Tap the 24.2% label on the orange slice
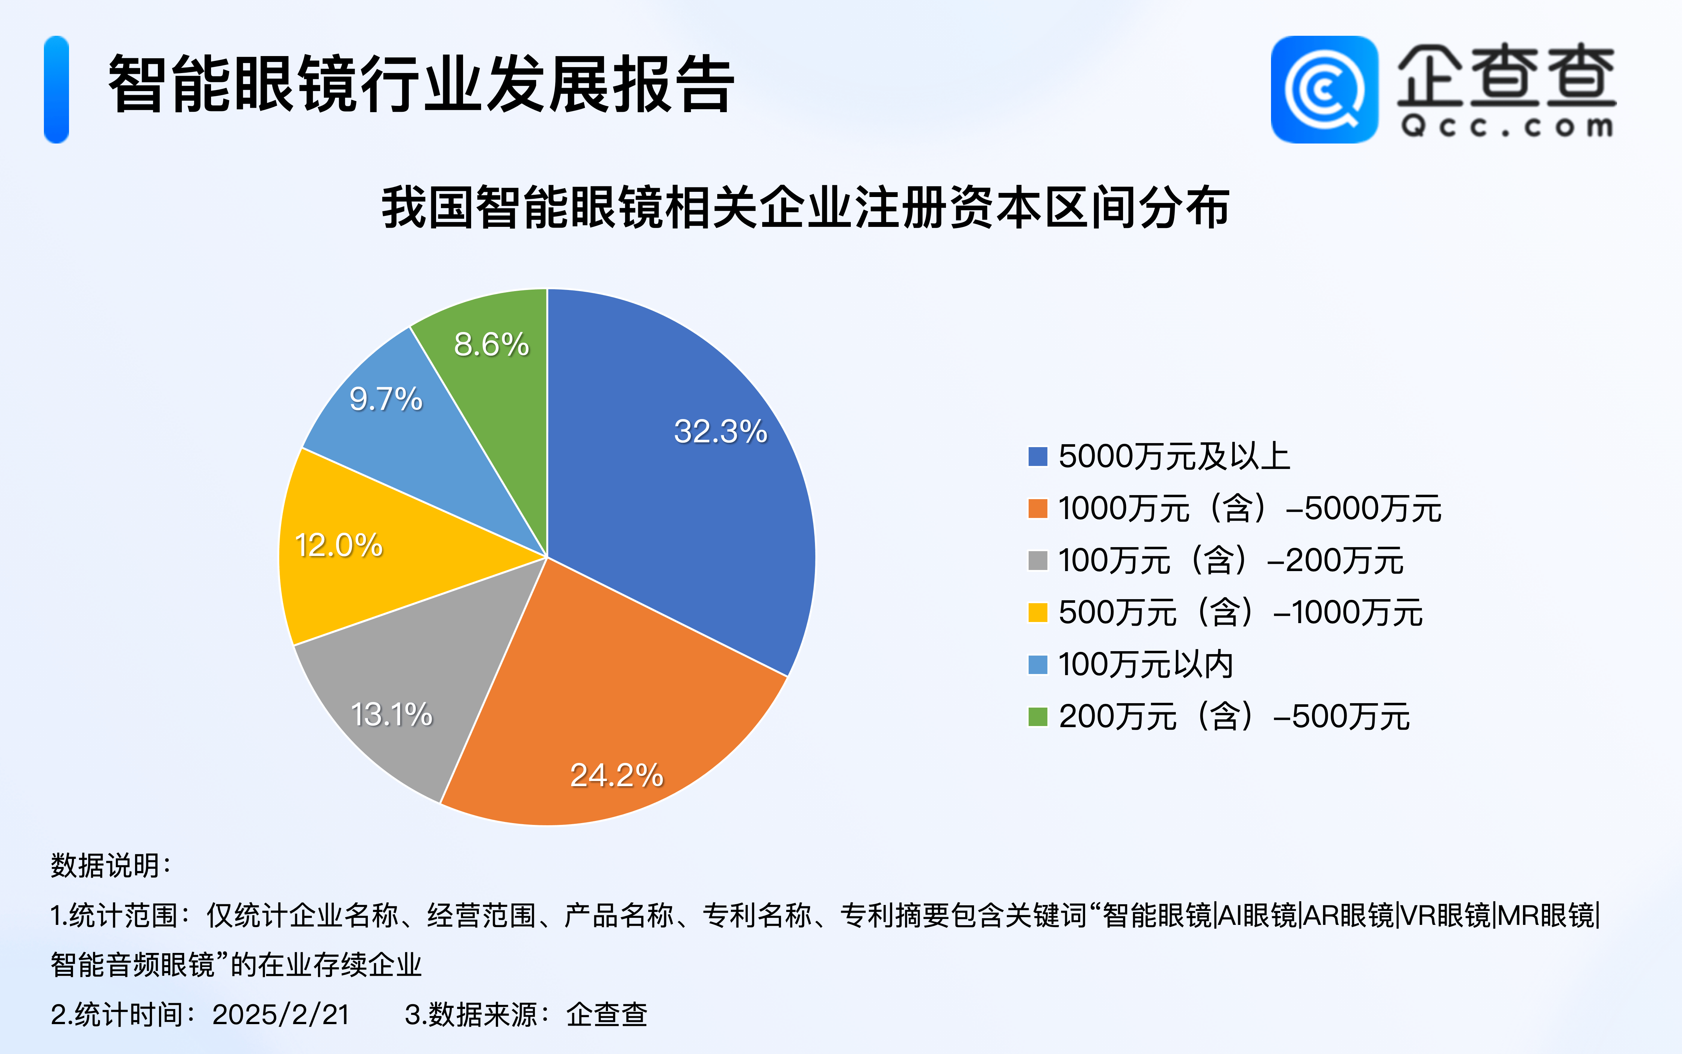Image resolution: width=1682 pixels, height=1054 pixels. (617, 775)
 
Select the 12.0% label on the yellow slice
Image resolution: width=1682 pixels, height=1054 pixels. (339, 545)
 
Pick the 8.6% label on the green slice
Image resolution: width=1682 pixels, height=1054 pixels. (491, 344)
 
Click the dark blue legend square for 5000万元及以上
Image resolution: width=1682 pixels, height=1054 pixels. (1038, 457)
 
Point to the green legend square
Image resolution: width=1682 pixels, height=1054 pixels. (1038, 716)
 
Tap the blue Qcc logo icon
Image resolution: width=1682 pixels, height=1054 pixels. (1324, 89)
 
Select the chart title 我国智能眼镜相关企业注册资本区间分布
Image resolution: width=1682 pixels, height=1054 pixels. (805, 207)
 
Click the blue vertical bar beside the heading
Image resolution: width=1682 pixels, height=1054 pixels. (56, 89)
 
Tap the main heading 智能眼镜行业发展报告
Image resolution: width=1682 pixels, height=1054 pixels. (421, 84)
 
